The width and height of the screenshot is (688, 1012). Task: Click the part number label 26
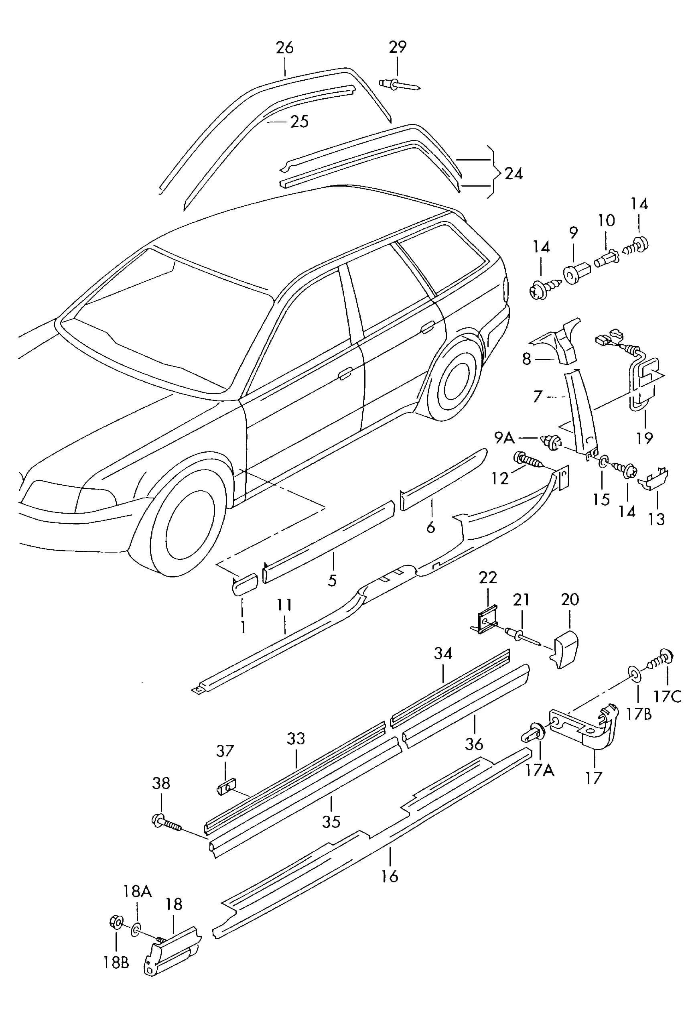point(285,47)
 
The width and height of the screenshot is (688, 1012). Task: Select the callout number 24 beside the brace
point(513,174)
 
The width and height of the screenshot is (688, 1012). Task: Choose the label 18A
point(137,891)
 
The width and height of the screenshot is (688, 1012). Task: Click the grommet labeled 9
point(576,274)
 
